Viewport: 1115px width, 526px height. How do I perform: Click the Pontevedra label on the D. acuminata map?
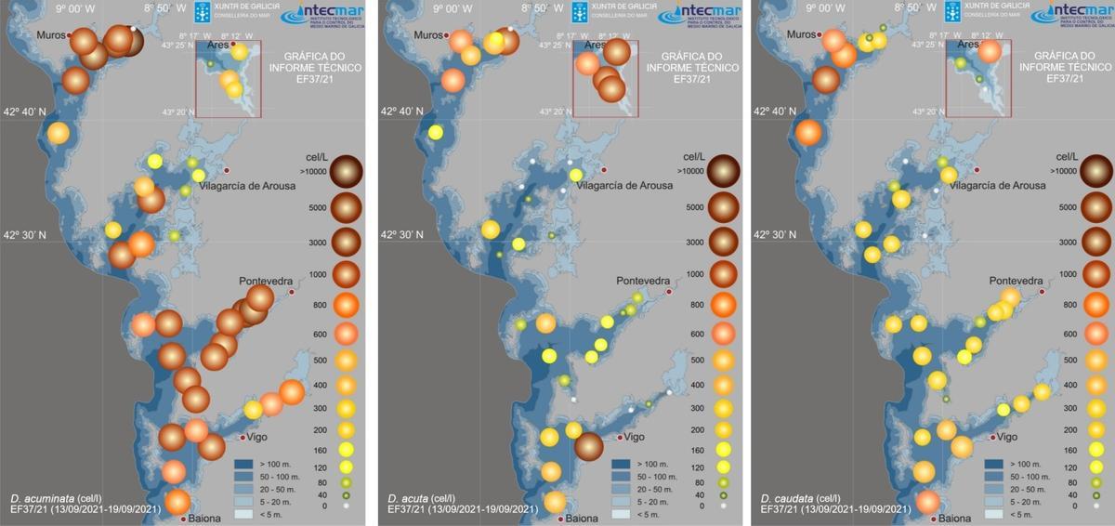pyautogui.click(x=266, y=281)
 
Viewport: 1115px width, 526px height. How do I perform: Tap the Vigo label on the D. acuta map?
pyautogui.click(x=634, y=437)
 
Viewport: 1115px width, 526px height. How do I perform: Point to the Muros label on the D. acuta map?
pyautogui.click(x=429, y=35)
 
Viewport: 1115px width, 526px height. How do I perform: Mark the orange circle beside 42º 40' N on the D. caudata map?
pyautogui.click(x=807, y=132)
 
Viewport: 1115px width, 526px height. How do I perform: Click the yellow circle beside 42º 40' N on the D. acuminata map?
pyautogui.click(x=58, y=134)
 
